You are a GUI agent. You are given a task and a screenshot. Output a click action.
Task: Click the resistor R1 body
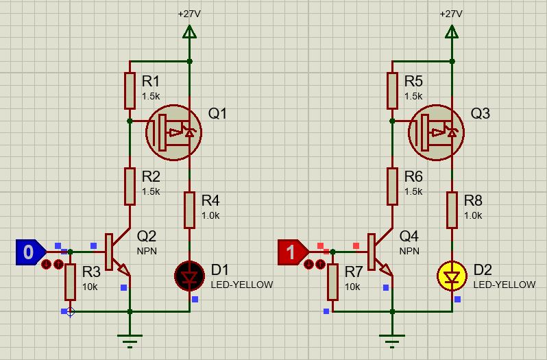click(130, 91)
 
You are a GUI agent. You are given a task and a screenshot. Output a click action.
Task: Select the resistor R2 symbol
click(130, 187)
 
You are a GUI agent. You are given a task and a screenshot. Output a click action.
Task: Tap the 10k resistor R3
click(70, 282)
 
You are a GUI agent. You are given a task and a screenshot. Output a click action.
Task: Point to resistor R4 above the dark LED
click(190, 210)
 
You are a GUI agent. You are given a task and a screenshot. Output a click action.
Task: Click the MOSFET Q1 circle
click(174, 132)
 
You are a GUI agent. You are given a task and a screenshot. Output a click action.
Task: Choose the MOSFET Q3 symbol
click(437, 132)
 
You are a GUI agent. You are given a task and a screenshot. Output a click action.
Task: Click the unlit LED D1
click(190, 276)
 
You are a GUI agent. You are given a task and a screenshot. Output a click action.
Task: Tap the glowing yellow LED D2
click(452, 276)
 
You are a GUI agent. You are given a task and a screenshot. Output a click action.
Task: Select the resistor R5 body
click(392, 91)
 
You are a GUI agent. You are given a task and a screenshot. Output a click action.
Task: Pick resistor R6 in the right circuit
click(392, 187)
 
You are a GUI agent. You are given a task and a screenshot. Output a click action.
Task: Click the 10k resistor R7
click(332, 282)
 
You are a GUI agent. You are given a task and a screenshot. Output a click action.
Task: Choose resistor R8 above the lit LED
click(452, 210)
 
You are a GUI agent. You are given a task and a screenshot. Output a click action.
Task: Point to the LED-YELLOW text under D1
click(243, 285)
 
